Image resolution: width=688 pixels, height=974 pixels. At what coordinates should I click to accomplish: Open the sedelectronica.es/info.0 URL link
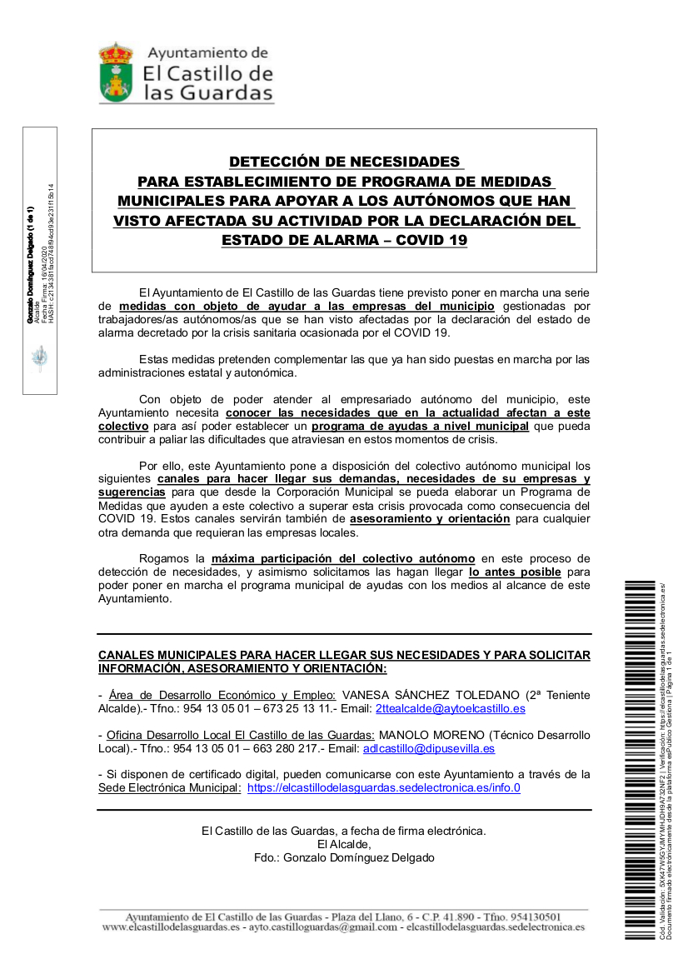(x=384, y=788)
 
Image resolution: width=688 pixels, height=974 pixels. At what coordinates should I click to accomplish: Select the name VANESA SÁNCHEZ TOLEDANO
(x=431, y=695)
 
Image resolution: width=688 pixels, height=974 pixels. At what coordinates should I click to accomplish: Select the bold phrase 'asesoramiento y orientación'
(x=430, y=518)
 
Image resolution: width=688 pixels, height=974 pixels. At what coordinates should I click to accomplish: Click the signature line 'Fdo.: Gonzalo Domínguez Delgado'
(x=344, y=857)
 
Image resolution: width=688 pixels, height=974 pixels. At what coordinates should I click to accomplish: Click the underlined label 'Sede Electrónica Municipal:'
(x=169, y=788)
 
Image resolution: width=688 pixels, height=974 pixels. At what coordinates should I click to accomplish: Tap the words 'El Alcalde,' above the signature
(x=343, y=844)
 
